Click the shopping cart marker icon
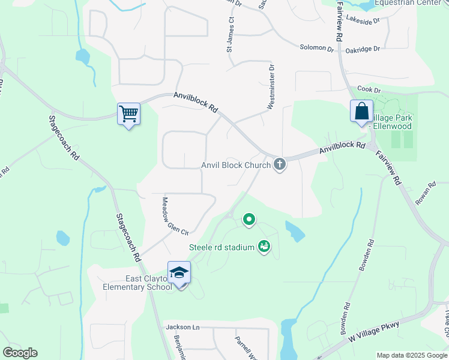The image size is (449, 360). pyautogui.click(x=128, y=113)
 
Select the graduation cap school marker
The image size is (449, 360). pyautogui.click(x=179, y=273)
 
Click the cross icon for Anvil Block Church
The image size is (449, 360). pyautogui.click(x=279, y=164)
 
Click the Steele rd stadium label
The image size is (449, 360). pyautogui.click(x=222, y=247)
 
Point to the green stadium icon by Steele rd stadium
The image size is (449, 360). pyautogui.click(x=263, y=246)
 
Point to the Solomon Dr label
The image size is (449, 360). pyautogui.click(x=317, y=47)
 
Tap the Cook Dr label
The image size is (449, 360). pyautogui.click(x=369, y=90)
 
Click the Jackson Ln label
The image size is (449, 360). pyautogui.click(x=182, y=327)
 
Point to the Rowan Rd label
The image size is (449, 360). pyautogui.click(x=426, y=194)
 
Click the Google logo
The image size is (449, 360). pyautogui.click(x=20, y=353)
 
